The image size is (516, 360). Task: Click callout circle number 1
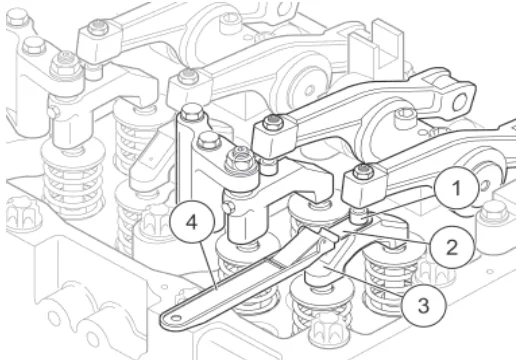(457, 188)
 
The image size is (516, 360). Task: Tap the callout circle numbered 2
(451, 247)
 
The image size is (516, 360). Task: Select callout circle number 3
(423, 305)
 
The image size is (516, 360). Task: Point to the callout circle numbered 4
(192, 222)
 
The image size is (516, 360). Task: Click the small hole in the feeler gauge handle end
(176, 318)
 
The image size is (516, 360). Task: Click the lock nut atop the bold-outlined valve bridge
(240, 159)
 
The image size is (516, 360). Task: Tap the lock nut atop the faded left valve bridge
(66, 64)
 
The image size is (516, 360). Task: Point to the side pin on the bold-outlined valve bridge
(229, 208)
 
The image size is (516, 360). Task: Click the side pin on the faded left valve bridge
(52, 111)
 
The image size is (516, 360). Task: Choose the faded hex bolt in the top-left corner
(17, 18)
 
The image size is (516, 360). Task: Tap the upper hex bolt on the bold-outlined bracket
(191, 112)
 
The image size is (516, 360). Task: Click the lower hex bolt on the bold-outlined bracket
(209, 140)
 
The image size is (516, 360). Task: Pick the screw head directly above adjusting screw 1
(361, 171)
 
